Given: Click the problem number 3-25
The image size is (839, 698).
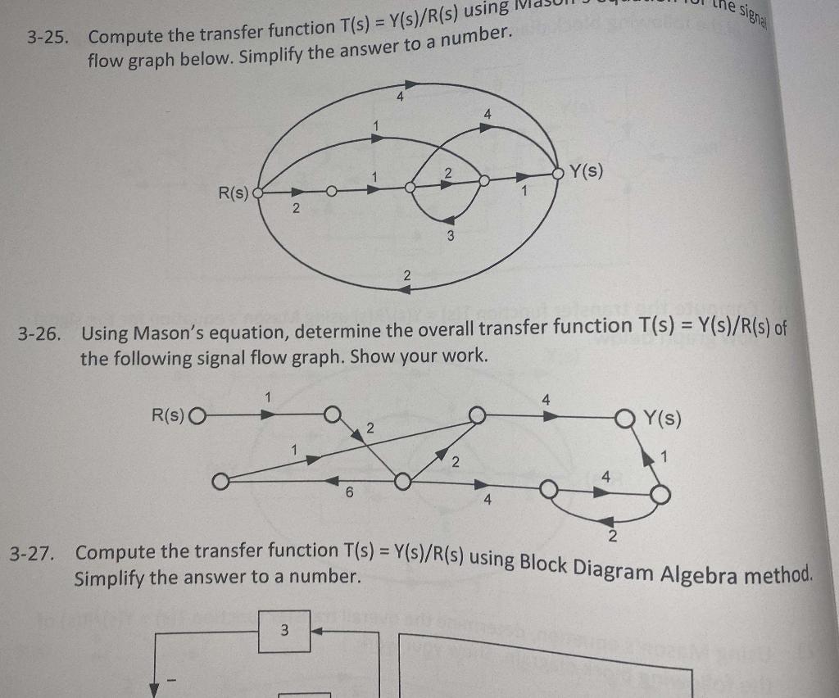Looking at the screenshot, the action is pos(47,38).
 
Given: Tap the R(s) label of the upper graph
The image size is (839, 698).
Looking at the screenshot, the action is pos(232,193).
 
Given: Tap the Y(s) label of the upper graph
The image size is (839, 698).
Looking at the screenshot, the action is pos(587,171).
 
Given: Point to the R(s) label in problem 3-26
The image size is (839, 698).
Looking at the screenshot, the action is pos(169,415).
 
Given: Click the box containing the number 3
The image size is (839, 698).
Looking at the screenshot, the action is pos(284,631).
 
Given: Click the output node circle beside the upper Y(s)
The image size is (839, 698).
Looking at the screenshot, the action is pos(560,173).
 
